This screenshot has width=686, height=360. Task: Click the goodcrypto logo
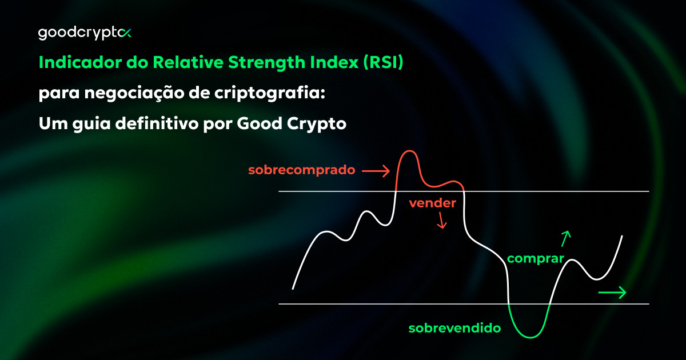pos(85,33)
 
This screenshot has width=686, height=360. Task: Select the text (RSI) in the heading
pos(383,62)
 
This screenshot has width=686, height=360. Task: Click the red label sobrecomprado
pos(302,170)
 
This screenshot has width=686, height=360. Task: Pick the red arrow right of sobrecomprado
pos(376,170)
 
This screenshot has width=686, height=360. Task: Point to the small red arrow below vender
pos(441,221)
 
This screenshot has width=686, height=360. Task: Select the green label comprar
pos(536,258)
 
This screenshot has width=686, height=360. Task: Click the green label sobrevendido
pos(454,329)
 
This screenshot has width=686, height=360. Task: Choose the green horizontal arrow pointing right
pos(612,293)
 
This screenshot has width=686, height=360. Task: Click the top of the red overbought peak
pos(408,151)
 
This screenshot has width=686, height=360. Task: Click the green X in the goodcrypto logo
pos(126,33)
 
